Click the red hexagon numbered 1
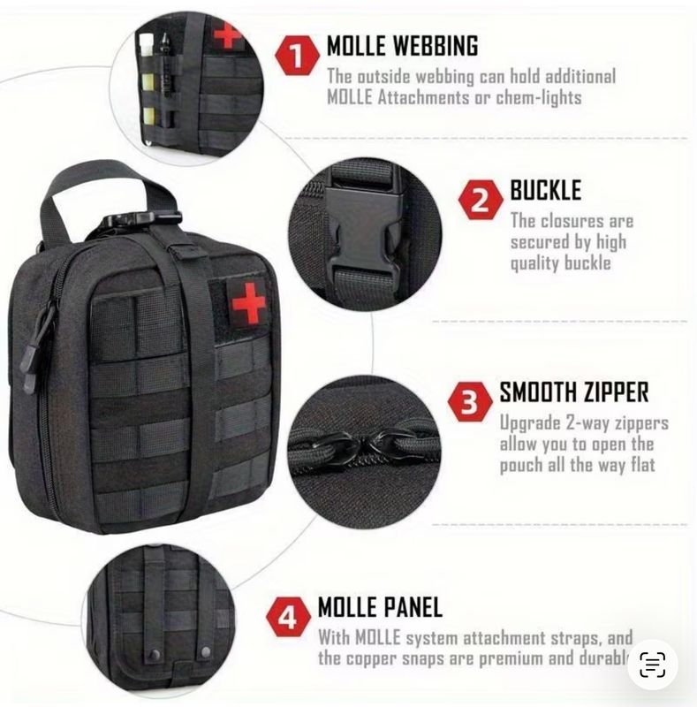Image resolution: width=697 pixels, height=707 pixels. (x=297, y=56)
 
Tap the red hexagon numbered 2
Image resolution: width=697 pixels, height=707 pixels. (x=481, y=200)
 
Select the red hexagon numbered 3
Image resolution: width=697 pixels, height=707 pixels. (x=469, y=401)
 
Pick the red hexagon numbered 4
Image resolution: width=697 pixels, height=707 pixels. (x=288, y=616)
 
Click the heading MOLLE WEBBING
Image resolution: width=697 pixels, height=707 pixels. (x=402, y=46)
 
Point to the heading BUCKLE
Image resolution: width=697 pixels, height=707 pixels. (x=546, y=190)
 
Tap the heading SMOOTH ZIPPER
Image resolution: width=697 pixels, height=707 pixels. (x=574, y=392)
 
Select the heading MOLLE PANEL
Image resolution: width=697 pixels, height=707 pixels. (x=380, y=606)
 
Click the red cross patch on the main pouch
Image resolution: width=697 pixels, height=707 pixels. (x=248, y=302)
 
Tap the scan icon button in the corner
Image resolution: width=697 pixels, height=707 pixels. (x=652, y=665)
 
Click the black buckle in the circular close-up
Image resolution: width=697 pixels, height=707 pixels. (x=362, y=234)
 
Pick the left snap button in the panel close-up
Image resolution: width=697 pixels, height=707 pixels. (x=155, y=654)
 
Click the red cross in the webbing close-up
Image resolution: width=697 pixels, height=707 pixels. (x=228, y=35)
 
